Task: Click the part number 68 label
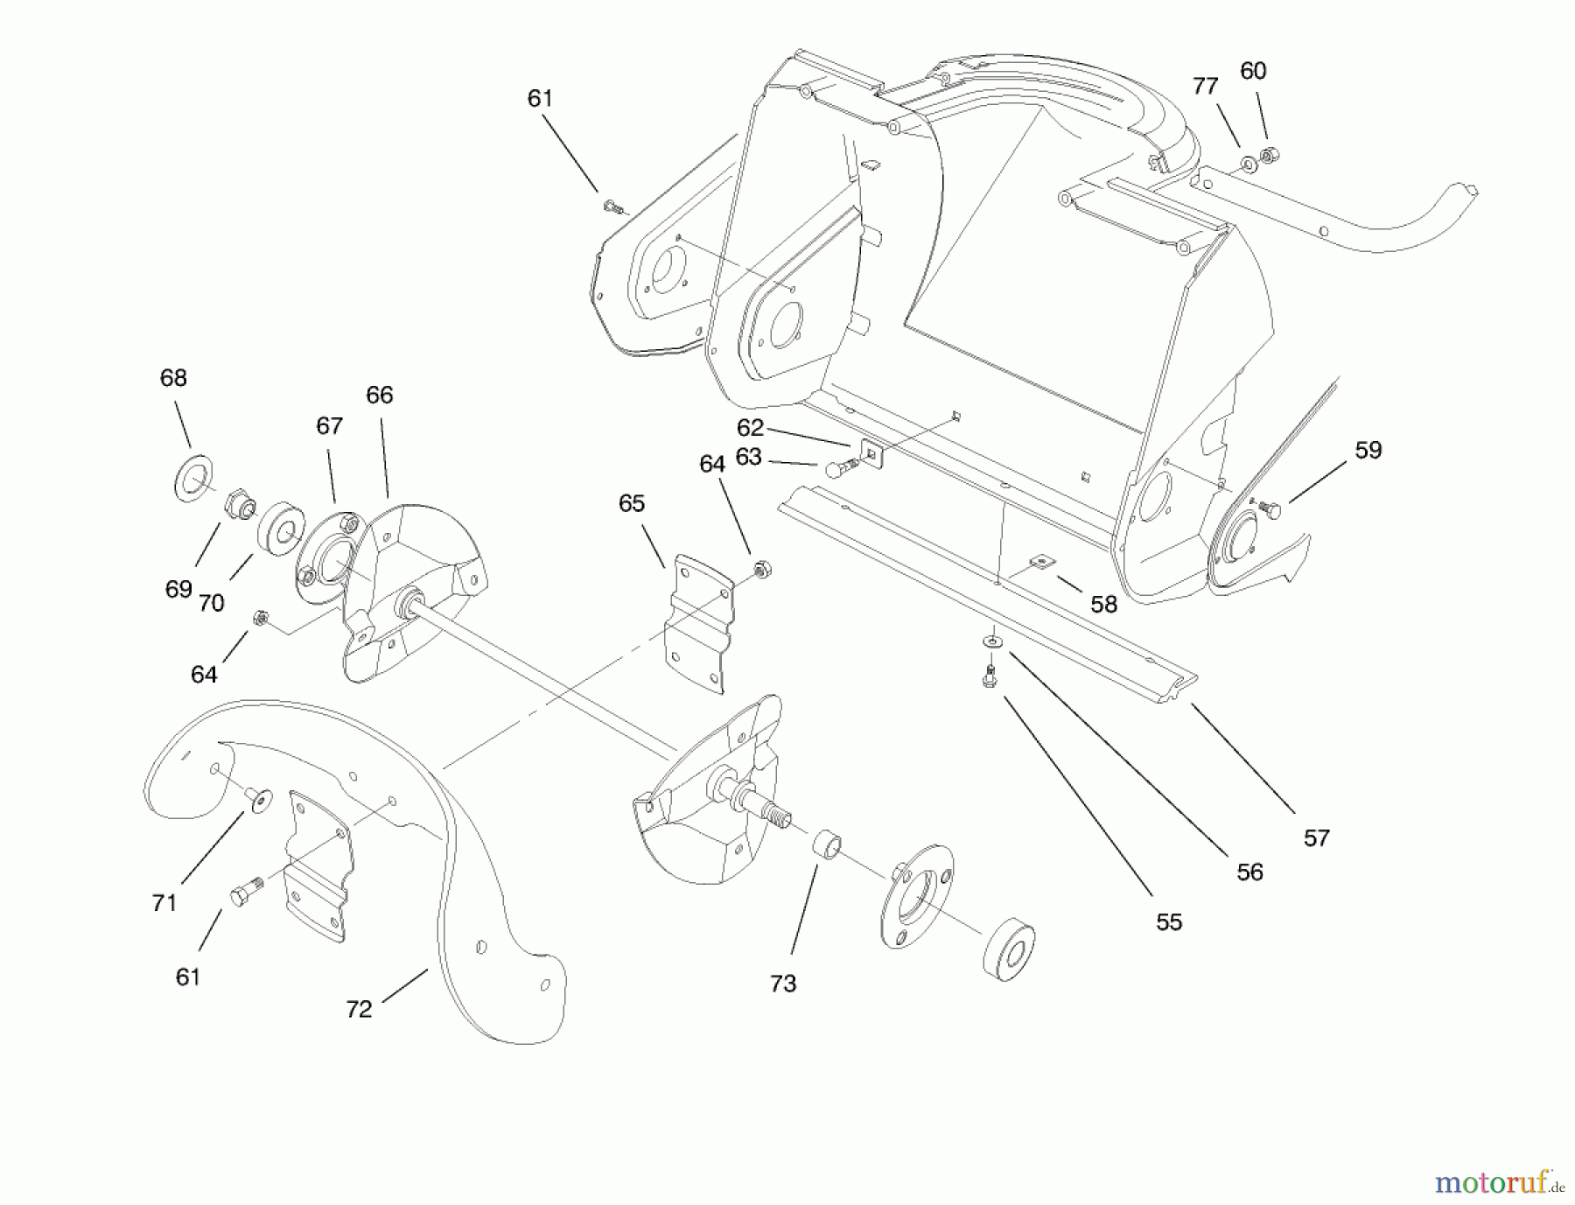click(x=173, y=378)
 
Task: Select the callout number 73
click(x=783, y=984)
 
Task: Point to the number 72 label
click(x=359, y=1009)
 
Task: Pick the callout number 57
click(x=1316, y=838)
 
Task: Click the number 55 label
click(x=1169, y=922)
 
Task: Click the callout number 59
click(x=1368, y=450)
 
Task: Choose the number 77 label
click(x=1205, y=86)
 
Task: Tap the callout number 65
click(x=631, y=503)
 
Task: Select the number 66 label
click(x=379, y=395)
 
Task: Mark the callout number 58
click(x=1103, y=604)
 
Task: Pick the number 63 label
click(x=748, y=457)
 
